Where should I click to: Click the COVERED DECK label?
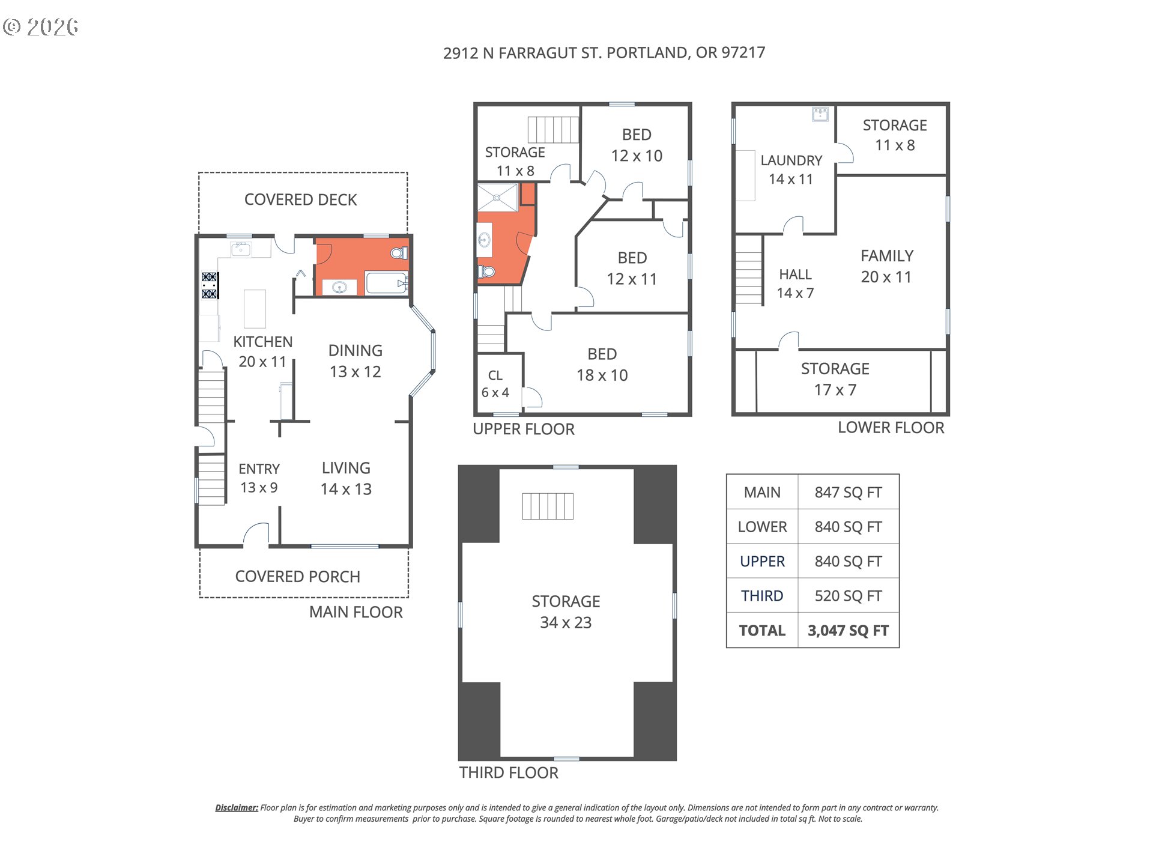300,199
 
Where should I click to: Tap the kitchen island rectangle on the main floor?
255,309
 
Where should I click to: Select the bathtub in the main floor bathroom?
387,283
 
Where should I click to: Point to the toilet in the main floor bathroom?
399,253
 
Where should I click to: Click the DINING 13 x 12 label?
355,361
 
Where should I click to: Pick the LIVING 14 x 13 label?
346,478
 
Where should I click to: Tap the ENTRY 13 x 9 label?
259,478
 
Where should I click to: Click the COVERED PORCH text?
297,577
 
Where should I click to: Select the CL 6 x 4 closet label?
495,384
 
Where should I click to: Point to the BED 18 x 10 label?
602,365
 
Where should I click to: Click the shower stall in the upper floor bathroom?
497,198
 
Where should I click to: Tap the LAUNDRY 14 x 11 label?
791,169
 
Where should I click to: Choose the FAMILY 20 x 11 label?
886,266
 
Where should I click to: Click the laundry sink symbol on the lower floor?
820,114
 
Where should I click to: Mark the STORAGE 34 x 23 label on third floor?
566,612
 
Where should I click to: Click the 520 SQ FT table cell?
848,596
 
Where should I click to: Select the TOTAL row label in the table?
762,631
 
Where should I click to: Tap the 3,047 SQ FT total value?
848,631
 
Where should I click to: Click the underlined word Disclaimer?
237,808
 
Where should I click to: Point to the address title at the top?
604,53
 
